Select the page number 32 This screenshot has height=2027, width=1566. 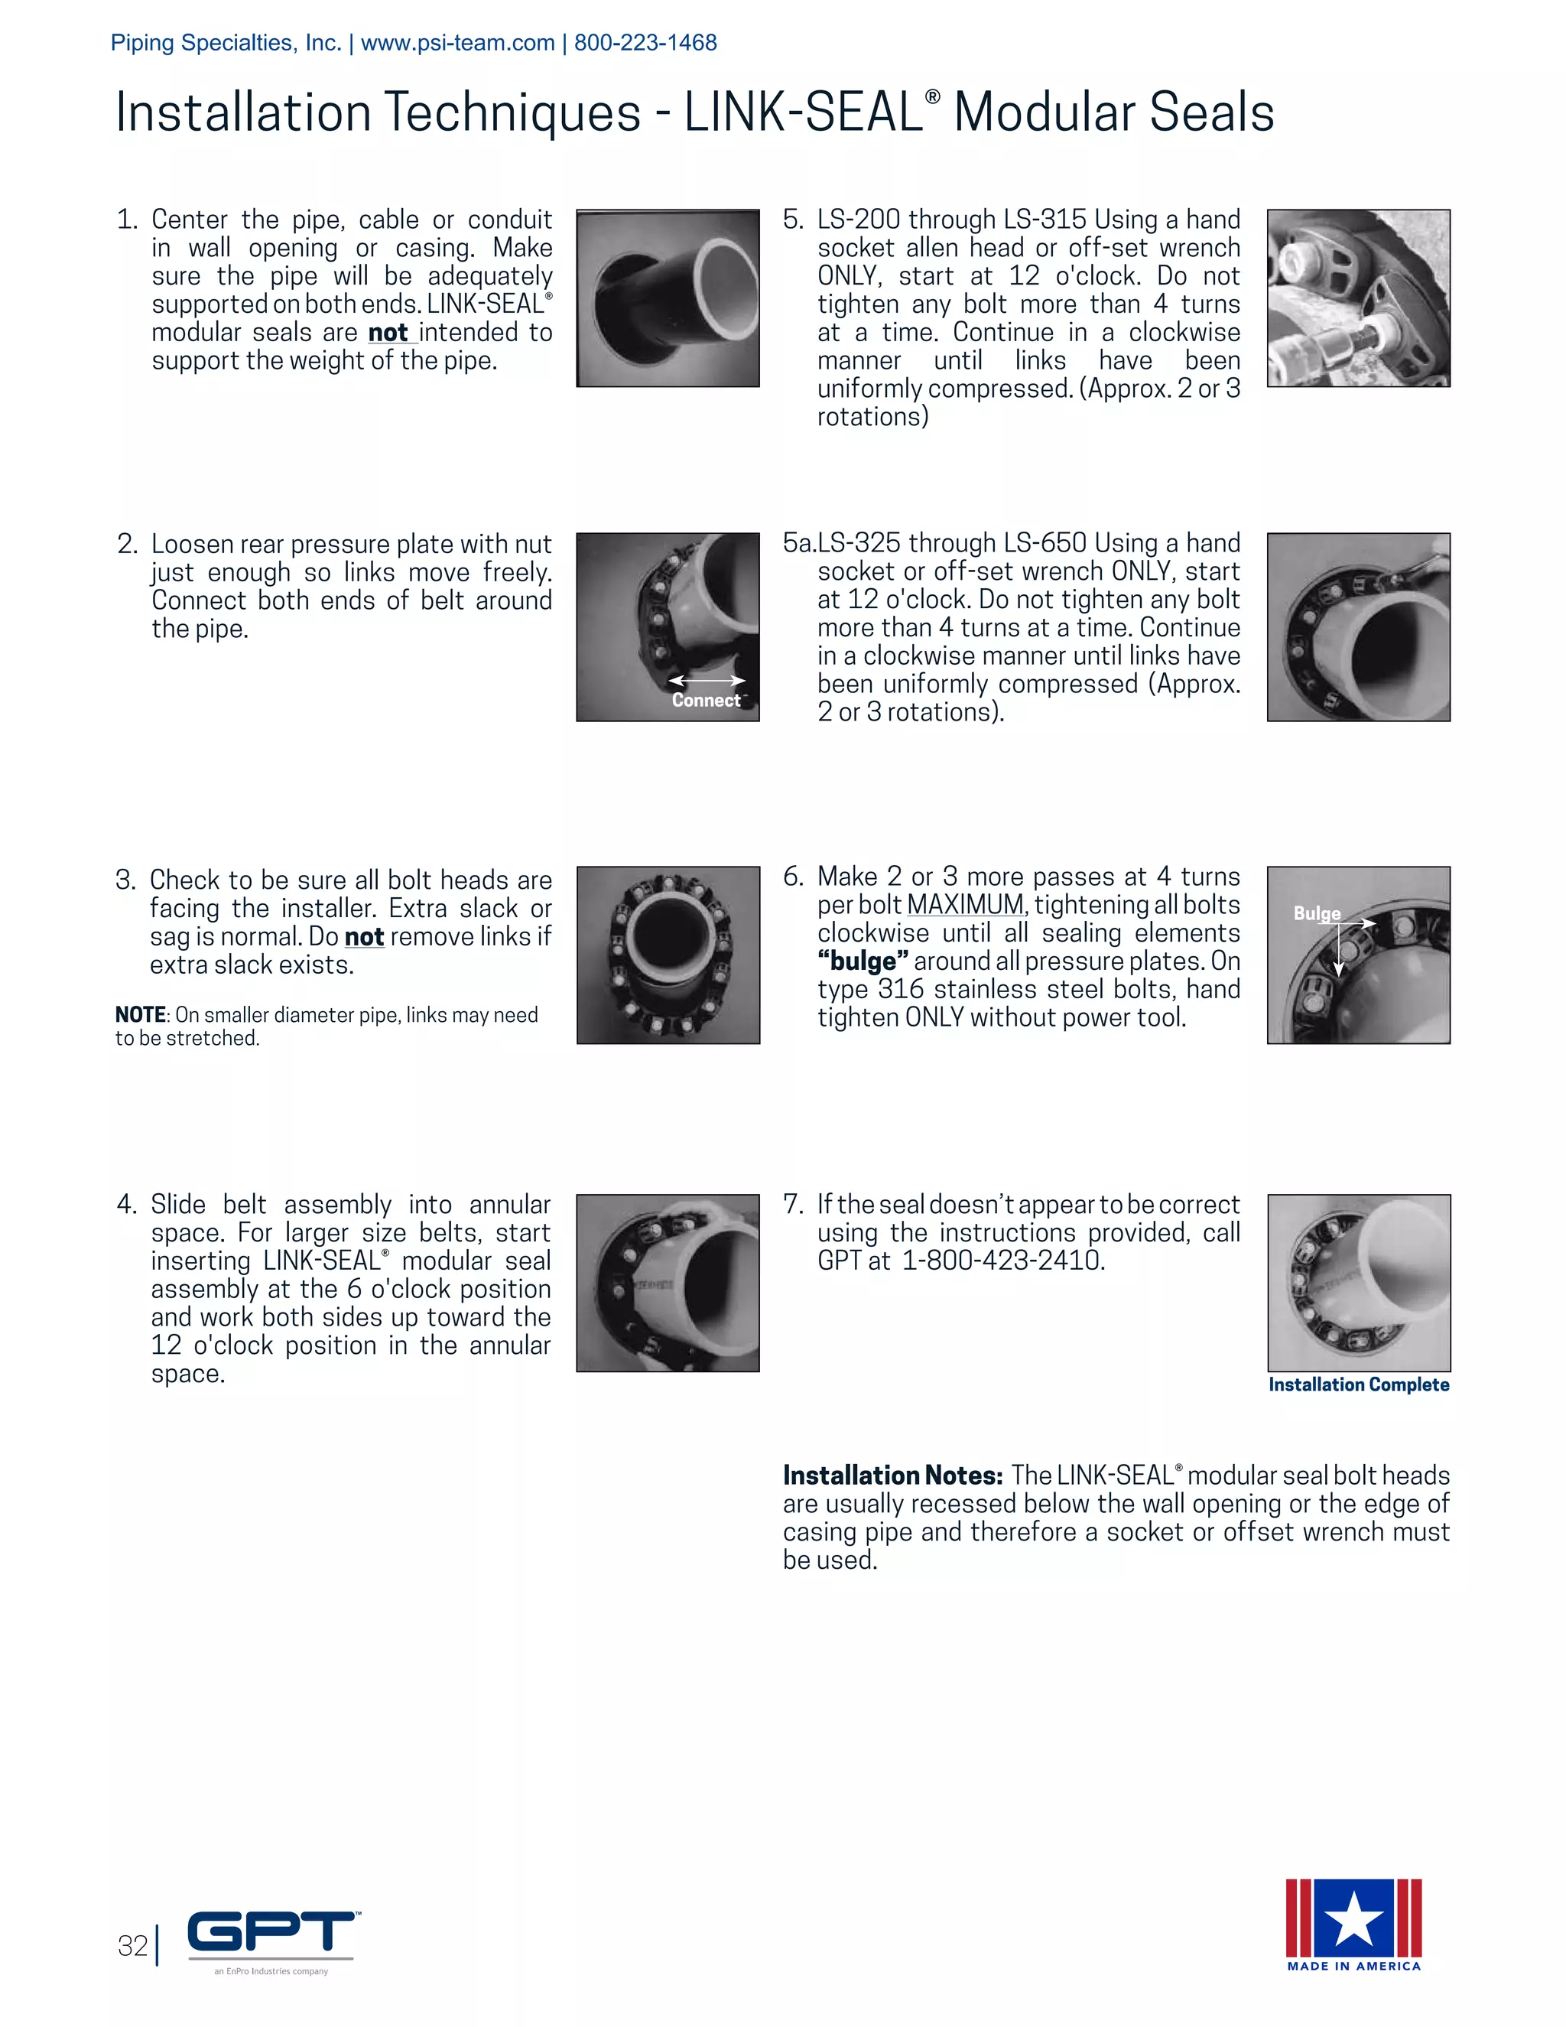pos(132,1945)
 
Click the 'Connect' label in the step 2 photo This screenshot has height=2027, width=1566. pos(705,701)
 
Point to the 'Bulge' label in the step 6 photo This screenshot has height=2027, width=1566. pos(1317,913)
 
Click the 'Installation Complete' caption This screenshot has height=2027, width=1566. pos(1358,1384)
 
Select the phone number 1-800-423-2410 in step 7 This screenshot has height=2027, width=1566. pos(1003,1261)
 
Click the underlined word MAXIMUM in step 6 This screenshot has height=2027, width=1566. pos(965,905)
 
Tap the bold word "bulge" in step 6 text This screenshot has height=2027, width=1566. pos(862,961)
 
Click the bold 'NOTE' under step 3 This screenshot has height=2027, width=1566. pos(140,1015)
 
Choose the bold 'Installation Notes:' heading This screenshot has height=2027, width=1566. pos(892,1476)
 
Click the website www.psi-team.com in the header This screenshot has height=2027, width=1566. pos(457,43)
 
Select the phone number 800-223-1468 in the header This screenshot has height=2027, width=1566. pos(645,43)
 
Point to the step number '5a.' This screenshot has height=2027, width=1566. pos(799,543)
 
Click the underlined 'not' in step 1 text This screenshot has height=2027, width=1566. pos(388,333)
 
